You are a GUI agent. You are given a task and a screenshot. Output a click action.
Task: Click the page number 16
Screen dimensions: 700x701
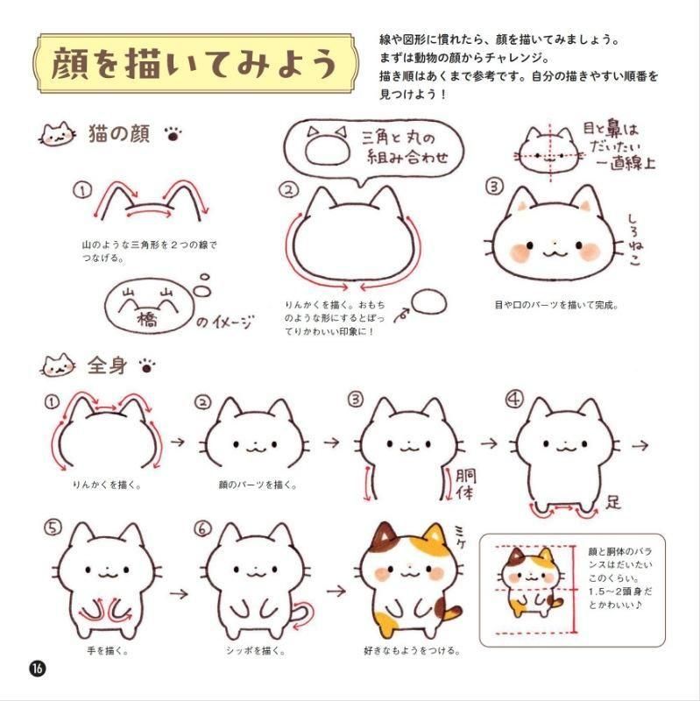pos(38,669)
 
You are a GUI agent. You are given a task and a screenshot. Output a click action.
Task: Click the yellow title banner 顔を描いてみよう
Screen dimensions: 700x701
pos(195,63)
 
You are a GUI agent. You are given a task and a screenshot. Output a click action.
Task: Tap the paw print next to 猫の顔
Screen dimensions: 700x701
pos(173,134)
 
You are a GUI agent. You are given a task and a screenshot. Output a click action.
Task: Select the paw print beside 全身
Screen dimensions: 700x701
pos(146,366)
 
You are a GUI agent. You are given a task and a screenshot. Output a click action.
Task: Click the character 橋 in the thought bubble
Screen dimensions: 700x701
pos(147,319)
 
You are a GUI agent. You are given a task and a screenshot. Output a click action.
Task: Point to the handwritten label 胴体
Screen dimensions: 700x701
pos(465,484)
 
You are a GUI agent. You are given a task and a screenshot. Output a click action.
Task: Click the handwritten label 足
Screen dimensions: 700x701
pos(613,501)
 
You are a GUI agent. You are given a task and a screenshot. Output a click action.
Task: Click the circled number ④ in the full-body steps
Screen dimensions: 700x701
pos(513,399)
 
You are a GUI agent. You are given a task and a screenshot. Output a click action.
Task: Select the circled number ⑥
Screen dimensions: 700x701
pos(202,529)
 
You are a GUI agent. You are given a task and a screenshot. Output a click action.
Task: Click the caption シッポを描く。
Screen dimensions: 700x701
pos(255,650)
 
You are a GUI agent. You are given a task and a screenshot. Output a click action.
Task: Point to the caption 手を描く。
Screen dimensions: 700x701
pos(108,650)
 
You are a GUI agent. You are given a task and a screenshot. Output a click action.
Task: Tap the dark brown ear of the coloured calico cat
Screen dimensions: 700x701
pos(385,535)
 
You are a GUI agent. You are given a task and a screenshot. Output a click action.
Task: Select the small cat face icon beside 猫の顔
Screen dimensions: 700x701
pos(57,134)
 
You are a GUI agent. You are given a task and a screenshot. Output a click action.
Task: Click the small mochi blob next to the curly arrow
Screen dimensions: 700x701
pos(428,301)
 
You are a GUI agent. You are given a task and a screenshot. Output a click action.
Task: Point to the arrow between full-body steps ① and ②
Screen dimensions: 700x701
pos(178,443)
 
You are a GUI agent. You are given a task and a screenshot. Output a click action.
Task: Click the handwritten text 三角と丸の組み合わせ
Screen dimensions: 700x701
pos(406,147)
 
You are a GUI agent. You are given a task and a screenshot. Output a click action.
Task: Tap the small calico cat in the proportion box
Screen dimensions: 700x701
pos(532,581)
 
